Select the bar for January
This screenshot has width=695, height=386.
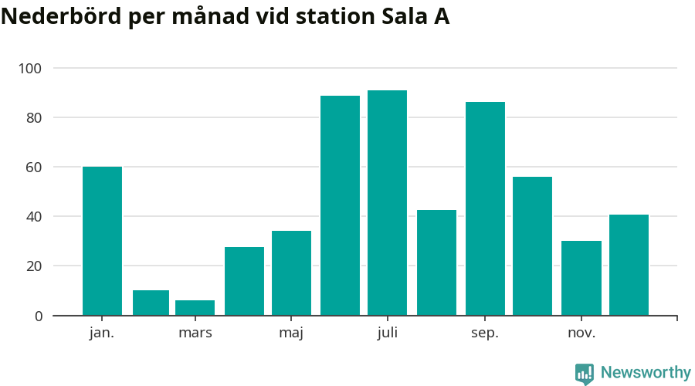point(102,241)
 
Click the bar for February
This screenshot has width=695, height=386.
point(151,303)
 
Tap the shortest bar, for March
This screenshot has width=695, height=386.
point(195,307)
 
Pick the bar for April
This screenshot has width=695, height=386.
point(244,281)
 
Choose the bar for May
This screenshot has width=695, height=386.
point(291,273)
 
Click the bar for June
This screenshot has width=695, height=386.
point(340,205)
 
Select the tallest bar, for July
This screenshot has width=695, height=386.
point(387,203)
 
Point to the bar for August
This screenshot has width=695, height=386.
point(436,262)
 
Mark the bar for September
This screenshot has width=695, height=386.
point(485,208)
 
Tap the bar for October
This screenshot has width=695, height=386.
point(532,245)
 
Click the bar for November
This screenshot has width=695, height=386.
point(581,278)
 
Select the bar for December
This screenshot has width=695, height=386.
point(629,265)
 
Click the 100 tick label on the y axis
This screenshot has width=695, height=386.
point(30,69)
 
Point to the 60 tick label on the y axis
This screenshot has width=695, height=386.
point(34,168)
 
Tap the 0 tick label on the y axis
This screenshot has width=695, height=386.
point(37,316)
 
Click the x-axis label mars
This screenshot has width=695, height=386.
point(195,334)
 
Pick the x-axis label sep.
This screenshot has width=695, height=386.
point(485,334)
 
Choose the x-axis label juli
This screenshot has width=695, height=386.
point(387,334)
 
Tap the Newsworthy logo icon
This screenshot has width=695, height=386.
point(585,374)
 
